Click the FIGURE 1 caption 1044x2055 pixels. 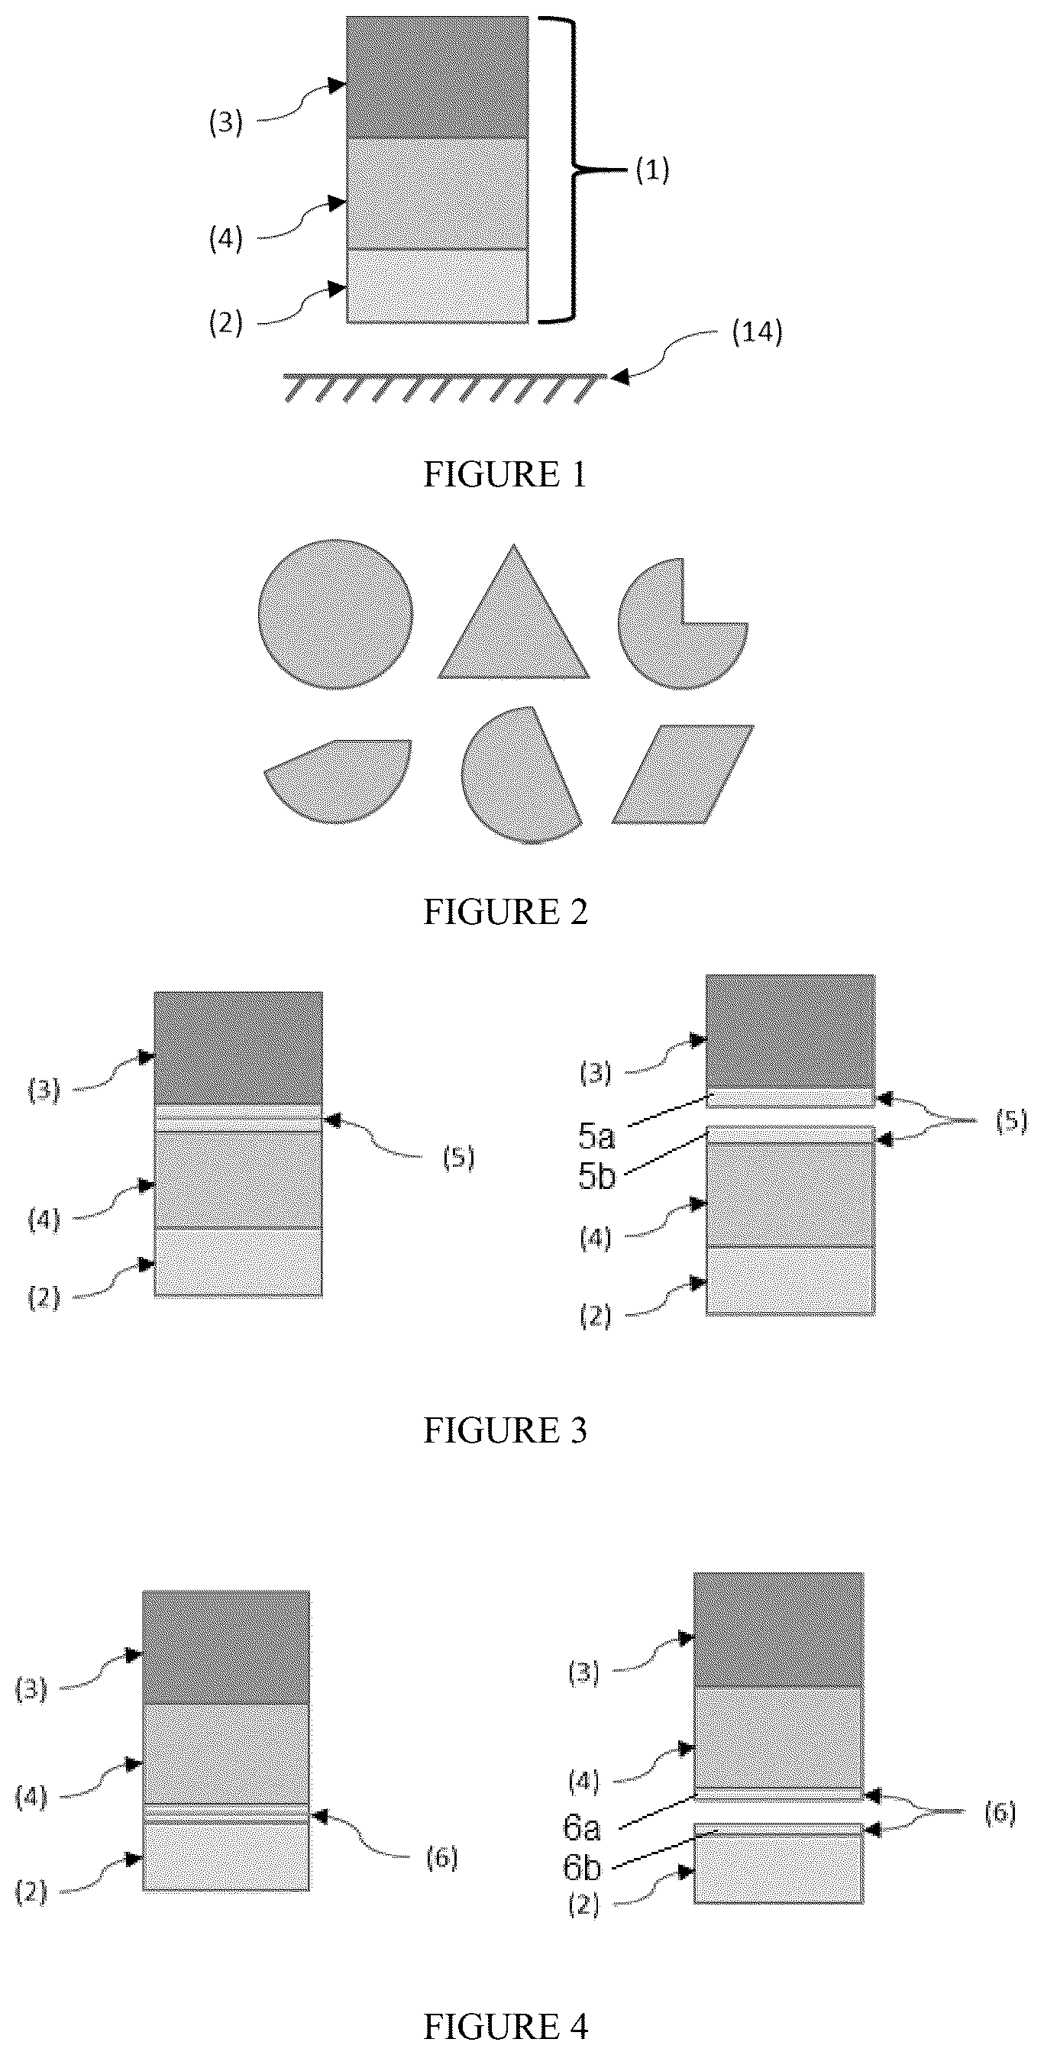(x=505, y=475)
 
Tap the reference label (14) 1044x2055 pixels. (x=757, y=332)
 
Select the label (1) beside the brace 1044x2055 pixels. (x=652, y=170)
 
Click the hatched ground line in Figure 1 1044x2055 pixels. (x=444, y=387)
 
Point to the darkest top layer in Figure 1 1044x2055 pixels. (x=437, y=77)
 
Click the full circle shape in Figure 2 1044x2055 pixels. (x=336, y=613)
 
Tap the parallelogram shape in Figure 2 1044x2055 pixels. (x=683, y=774)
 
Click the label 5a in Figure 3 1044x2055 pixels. (x=596, y=1136)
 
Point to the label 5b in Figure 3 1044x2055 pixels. (x=597, y=1177)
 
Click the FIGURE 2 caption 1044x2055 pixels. (x=505, y=912)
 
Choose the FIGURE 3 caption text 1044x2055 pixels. (x=505, y=1430)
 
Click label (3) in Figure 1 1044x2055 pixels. (x=226, y=123)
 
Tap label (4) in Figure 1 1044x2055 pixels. (x=226, y=238)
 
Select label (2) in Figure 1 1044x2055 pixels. (x=226, y=323)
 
